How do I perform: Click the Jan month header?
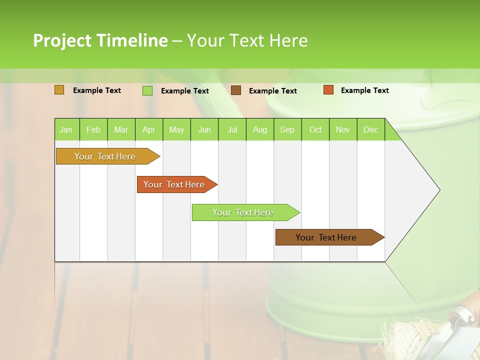(x=66, y=129)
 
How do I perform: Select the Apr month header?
(x=148, y=129)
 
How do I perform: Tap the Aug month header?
(x=259, y=129)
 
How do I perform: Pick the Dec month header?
(x=370, y=129)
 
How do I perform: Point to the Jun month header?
(x=204, y=129)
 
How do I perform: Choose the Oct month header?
(x=315, y=129)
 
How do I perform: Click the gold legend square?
(x=59, y=90)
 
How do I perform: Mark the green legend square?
(x=147, y=90)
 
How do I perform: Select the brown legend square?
(x=236, y=90)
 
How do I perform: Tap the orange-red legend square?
(x=328, y=90)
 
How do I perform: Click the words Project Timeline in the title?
(x=100, y=40)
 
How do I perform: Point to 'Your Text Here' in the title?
(x=247, y=40)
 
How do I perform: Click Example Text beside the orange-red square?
(x=364, y=90)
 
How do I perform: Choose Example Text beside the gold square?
(x=96, y=90)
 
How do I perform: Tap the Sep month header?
(x=287, y=129)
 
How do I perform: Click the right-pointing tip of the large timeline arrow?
(x=438, y=189)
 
